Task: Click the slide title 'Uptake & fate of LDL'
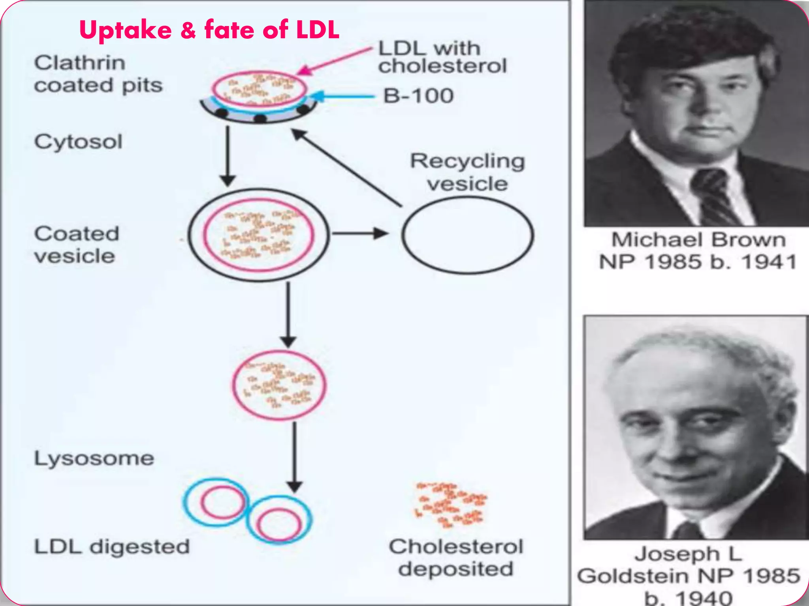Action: [209, 30]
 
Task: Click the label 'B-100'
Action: [418, 96]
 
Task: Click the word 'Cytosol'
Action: [78, 142]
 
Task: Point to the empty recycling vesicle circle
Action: [468, 235]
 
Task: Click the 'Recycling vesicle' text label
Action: [468, 172]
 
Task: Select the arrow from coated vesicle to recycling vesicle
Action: [359, 234]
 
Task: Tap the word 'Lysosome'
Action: [94, 458]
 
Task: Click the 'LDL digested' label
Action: [112, 547]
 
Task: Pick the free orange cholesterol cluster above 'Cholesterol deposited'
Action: [451, 505]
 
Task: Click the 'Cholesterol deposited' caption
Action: [456, 557]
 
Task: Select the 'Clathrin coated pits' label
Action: [98, 74]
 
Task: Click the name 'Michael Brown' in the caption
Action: [698, 239]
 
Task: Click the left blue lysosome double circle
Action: [215, 502]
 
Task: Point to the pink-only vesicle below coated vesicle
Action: [279, 385]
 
